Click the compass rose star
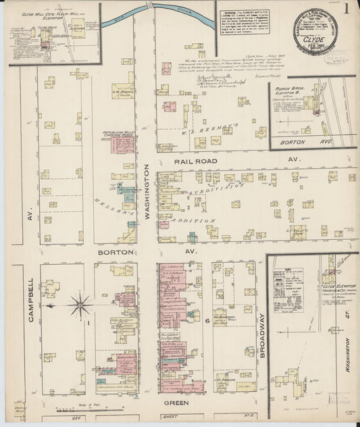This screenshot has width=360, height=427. coord(80,306)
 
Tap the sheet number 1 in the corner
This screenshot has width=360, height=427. coord(346,9)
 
